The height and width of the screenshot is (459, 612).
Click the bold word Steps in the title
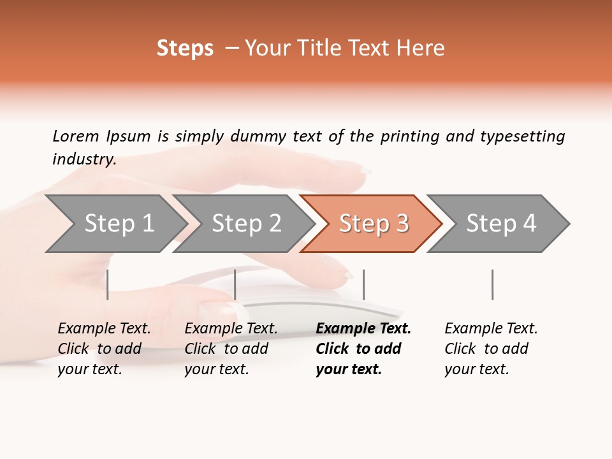tap(185, 48)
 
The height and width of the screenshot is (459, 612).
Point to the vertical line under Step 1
tap(108, 284)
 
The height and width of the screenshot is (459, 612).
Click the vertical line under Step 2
tap(235, 284)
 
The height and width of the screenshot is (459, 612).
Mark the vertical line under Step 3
tap(363, 284)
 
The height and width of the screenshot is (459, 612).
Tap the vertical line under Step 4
tap(492, 284)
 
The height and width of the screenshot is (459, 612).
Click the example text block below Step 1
tap(104, 349)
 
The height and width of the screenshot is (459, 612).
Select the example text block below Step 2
tap(231, 349)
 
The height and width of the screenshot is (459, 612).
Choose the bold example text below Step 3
tap(363, 349)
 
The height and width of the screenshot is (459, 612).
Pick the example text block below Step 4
tap(491, 349)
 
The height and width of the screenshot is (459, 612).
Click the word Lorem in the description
tap(76, 136)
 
